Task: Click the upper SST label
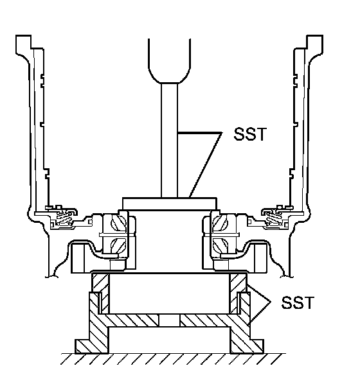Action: [x=250, y=134]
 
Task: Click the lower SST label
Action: [x=298, y=302]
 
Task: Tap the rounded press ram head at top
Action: [x=169, y=61]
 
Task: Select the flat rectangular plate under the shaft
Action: [x=170, y=204]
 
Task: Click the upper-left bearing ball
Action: [x=119, y=223]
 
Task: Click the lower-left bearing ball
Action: [x=119, y=245]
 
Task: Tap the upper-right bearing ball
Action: [x=221, y=223]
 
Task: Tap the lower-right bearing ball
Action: [x=221, y=245]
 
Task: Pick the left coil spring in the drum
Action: [x=64, y=218]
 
